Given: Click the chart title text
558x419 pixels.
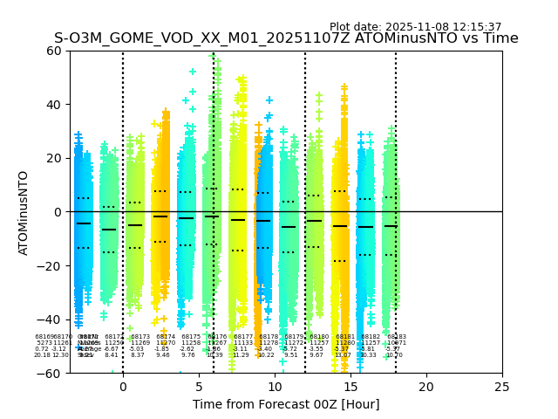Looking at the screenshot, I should tap(286, 38).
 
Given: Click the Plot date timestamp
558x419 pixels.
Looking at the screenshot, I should tap(415, 27).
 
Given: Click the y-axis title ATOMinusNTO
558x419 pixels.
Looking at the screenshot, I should tap(24, 212).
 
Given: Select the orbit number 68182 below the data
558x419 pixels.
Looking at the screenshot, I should tap(371, 336).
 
